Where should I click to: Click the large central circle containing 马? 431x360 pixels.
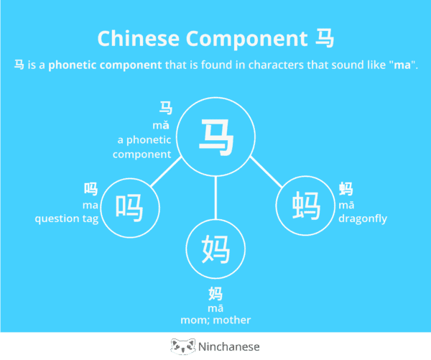click(x=216, y=136)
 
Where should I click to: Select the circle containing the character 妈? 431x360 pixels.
click(x=216, y=249)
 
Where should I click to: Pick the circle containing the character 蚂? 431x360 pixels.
click(x=305, y=207)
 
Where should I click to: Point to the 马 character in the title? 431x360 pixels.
click(x=325, y=38)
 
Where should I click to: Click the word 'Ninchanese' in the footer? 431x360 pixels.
click(x=231, y=346)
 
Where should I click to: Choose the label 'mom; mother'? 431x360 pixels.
click(x=215, y=320)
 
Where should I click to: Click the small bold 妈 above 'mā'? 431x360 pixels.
click(x=215, y=293)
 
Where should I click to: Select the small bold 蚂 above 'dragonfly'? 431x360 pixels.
click(x=346, y=189)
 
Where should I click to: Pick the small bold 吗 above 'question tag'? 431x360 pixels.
click(x=91, y=189)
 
